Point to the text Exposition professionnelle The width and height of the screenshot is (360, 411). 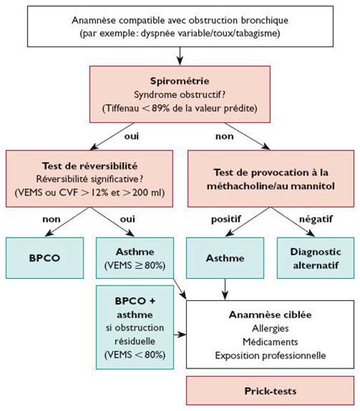pyautogui.click(x=270, y=354)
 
